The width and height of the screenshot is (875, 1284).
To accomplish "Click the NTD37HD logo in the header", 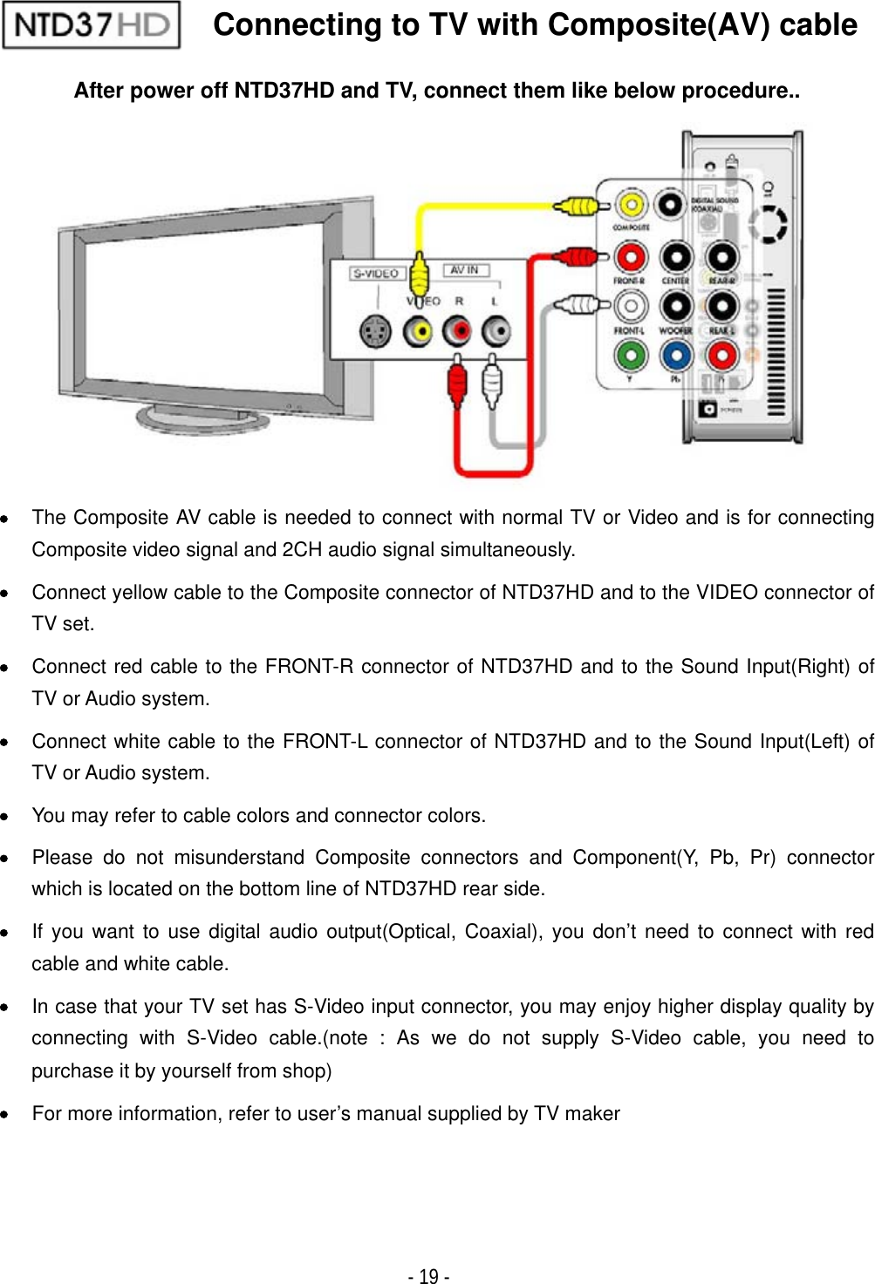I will [92, 25].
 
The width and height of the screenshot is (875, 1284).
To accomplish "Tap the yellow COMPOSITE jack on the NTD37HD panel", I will [631, 206].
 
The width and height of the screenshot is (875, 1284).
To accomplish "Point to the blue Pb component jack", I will [676, 355].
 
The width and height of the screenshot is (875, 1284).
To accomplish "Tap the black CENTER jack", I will [676, 257].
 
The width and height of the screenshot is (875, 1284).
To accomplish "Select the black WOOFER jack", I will [676, 306].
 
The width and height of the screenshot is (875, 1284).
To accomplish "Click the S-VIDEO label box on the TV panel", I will [376, 274].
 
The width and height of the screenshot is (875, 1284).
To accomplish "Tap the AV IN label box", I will [465, 270].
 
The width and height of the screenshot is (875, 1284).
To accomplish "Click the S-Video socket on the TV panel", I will [375, 331].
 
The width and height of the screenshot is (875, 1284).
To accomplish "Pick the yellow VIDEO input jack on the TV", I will [418, 331].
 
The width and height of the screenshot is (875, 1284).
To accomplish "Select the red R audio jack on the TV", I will [456, 331].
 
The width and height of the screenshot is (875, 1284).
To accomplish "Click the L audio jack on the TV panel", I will [496, 331].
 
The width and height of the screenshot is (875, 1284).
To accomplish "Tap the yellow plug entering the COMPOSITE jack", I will [577, 207].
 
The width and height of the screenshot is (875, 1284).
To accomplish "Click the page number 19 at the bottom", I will [428, 1276].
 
